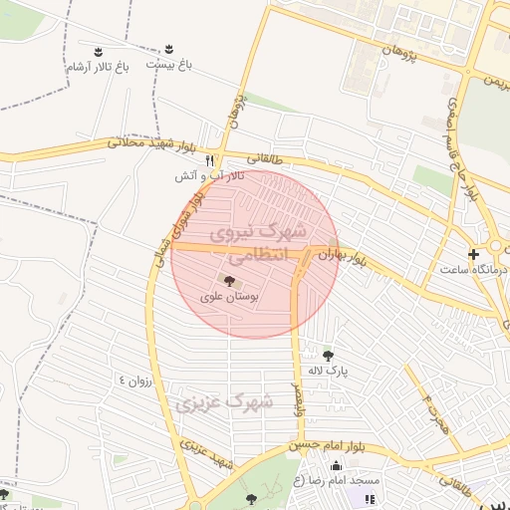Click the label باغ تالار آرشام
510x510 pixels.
coord(97,67)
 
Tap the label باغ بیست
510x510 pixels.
coord(168,64)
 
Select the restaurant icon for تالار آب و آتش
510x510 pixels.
coord(209,159)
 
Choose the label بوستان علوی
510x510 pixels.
coord(229,296)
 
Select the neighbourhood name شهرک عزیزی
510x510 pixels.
coord(224,403)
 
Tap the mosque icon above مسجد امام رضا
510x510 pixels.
coord(336,467)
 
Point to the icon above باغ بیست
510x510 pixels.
coord(169,49)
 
